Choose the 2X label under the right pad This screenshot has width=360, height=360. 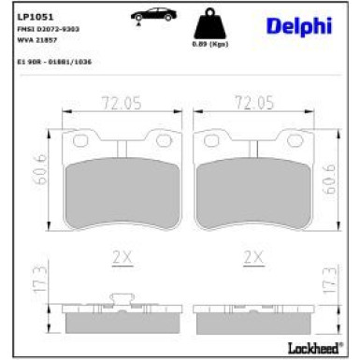click(x=252, y=255)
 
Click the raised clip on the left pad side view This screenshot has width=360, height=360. click(x=121, y=300)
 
